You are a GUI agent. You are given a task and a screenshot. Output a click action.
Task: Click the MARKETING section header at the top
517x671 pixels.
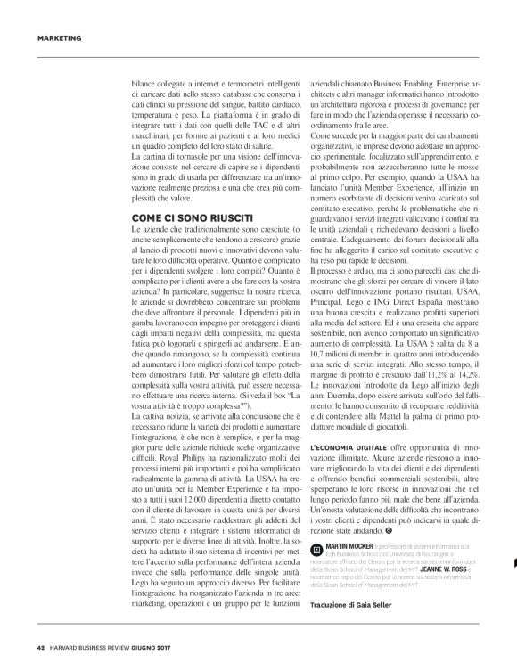[61, 38]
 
